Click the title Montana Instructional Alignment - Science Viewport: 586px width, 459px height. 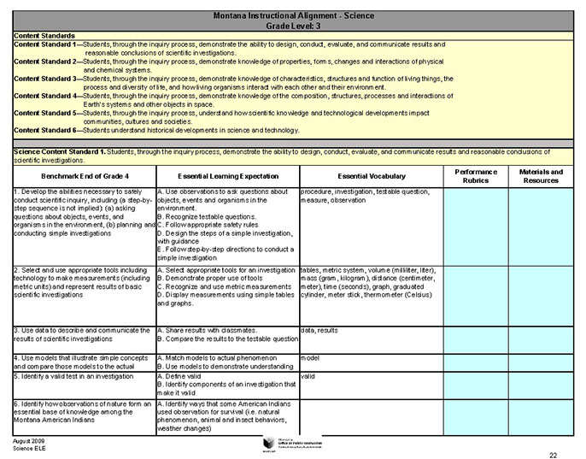pos(293,16)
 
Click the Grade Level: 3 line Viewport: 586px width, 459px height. pos(293,26)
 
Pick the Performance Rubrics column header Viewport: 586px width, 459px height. pos(475,175)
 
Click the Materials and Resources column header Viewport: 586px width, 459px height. pos(542,175)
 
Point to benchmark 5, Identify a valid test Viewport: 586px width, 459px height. pos(80,375)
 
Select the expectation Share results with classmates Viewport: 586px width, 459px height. pos(210,329)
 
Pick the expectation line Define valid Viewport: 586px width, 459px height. pos(184,375)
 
